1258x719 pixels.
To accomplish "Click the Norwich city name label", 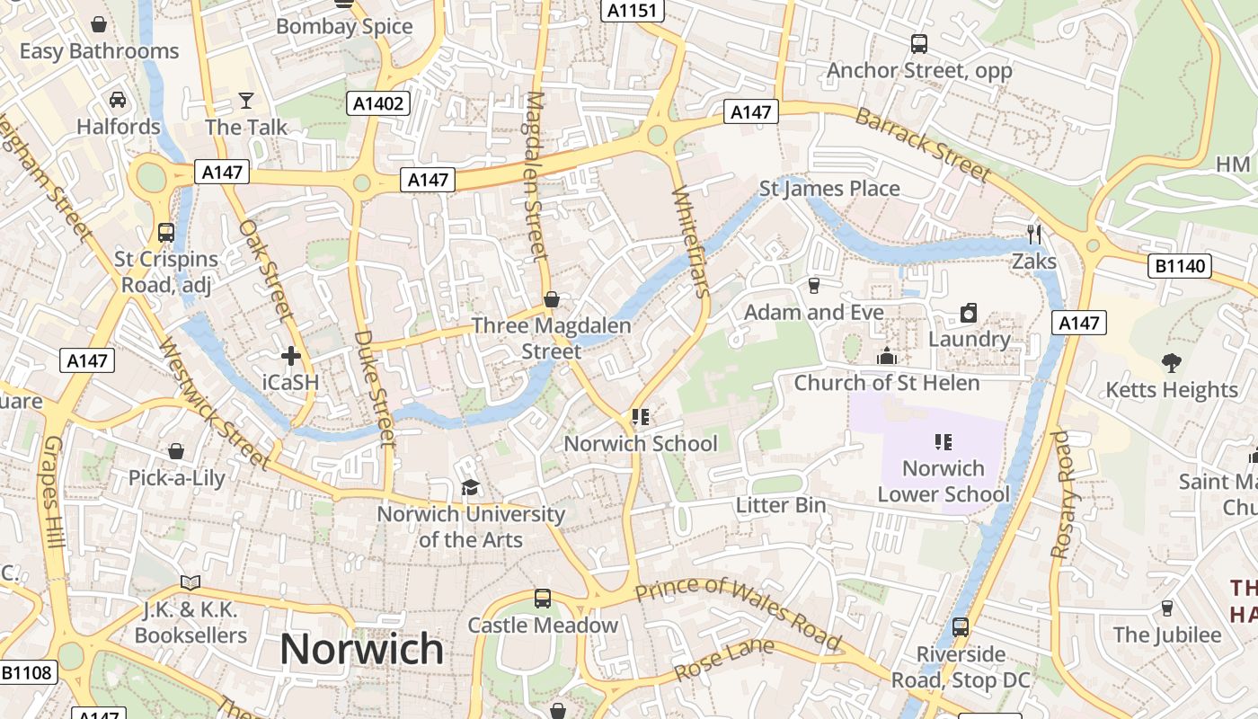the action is point(361,648).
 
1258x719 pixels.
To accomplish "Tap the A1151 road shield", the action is point(633,10).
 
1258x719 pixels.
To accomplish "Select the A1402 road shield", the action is point(378,103).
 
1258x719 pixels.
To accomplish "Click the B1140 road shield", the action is point(1180,266).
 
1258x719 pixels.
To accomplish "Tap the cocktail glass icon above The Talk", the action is point(246,100).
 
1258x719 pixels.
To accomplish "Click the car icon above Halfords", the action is point(118,100).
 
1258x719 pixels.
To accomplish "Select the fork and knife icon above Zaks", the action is point(1034,235).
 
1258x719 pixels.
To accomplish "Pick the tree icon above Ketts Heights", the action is point(1171,363).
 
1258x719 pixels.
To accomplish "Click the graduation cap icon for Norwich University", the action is point(470,488).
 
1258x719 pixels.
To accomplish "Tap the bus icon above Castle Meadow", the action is point(542,598).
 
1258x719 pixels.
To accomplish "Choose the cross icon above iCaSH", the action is point(290,356).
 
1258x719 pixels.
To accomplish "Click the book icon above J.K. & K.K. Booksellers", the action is point(190,583).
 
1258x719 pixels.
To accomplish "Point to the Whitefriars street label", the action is point(691,241).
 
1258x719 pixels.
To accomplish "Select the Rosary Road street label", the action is point(1063,494).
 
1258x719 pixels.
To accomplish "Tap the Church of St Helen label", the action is point(886,383).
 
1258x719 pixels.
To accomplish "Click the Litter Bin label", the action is point(780,505).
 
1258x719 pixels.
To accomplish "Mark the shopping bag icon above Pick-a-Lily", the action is point(176,451).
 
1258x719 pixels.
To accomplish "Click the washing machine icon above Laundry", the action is point(969,313).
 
